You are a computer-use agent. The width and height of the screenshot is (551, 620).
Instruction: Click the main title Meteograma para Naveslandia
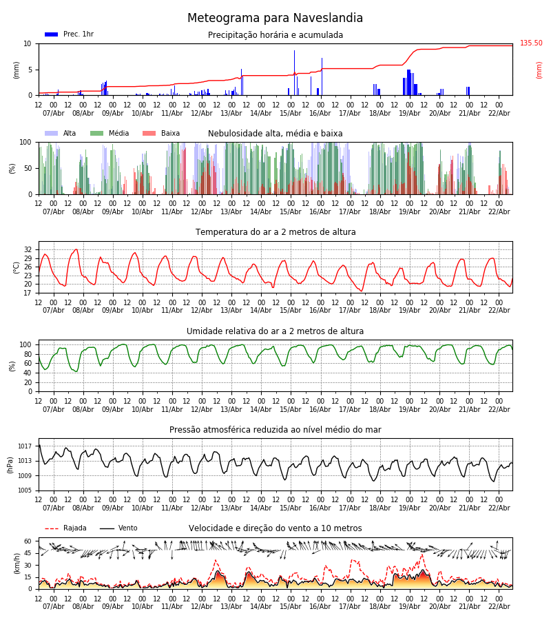275,19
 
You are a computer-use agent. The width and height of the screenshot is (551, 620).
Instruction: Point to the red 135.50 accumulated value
531,43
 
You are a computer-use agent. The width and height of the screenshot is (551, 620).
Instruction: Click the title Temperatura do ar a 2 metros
275,232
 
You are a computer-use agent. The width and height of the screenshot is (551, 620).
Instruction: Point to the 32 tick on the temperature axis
28,250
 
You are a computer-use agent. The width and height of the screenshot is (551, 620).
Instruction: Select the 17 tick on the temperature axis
28,293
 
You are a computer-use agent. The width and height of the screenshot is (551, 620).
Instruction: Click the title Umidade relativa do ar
275,331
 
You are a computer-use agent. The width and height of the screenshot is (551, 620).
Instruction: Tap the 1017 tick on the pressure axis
25,446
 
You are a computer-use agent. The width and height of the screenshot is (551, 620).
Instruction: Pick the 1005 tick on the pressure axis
25,490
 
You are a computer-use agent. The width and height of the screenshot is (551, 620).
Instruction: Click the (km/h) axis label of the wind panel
17,564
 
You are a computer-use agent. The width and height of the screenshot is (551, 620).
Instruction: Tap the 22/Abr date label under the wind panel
499,606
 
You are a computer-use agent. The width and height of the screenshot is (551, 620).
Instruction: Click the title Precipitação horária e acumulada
275,35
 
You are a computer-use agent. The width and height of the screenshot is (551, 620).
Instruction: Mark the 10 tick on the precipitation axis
28,43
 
